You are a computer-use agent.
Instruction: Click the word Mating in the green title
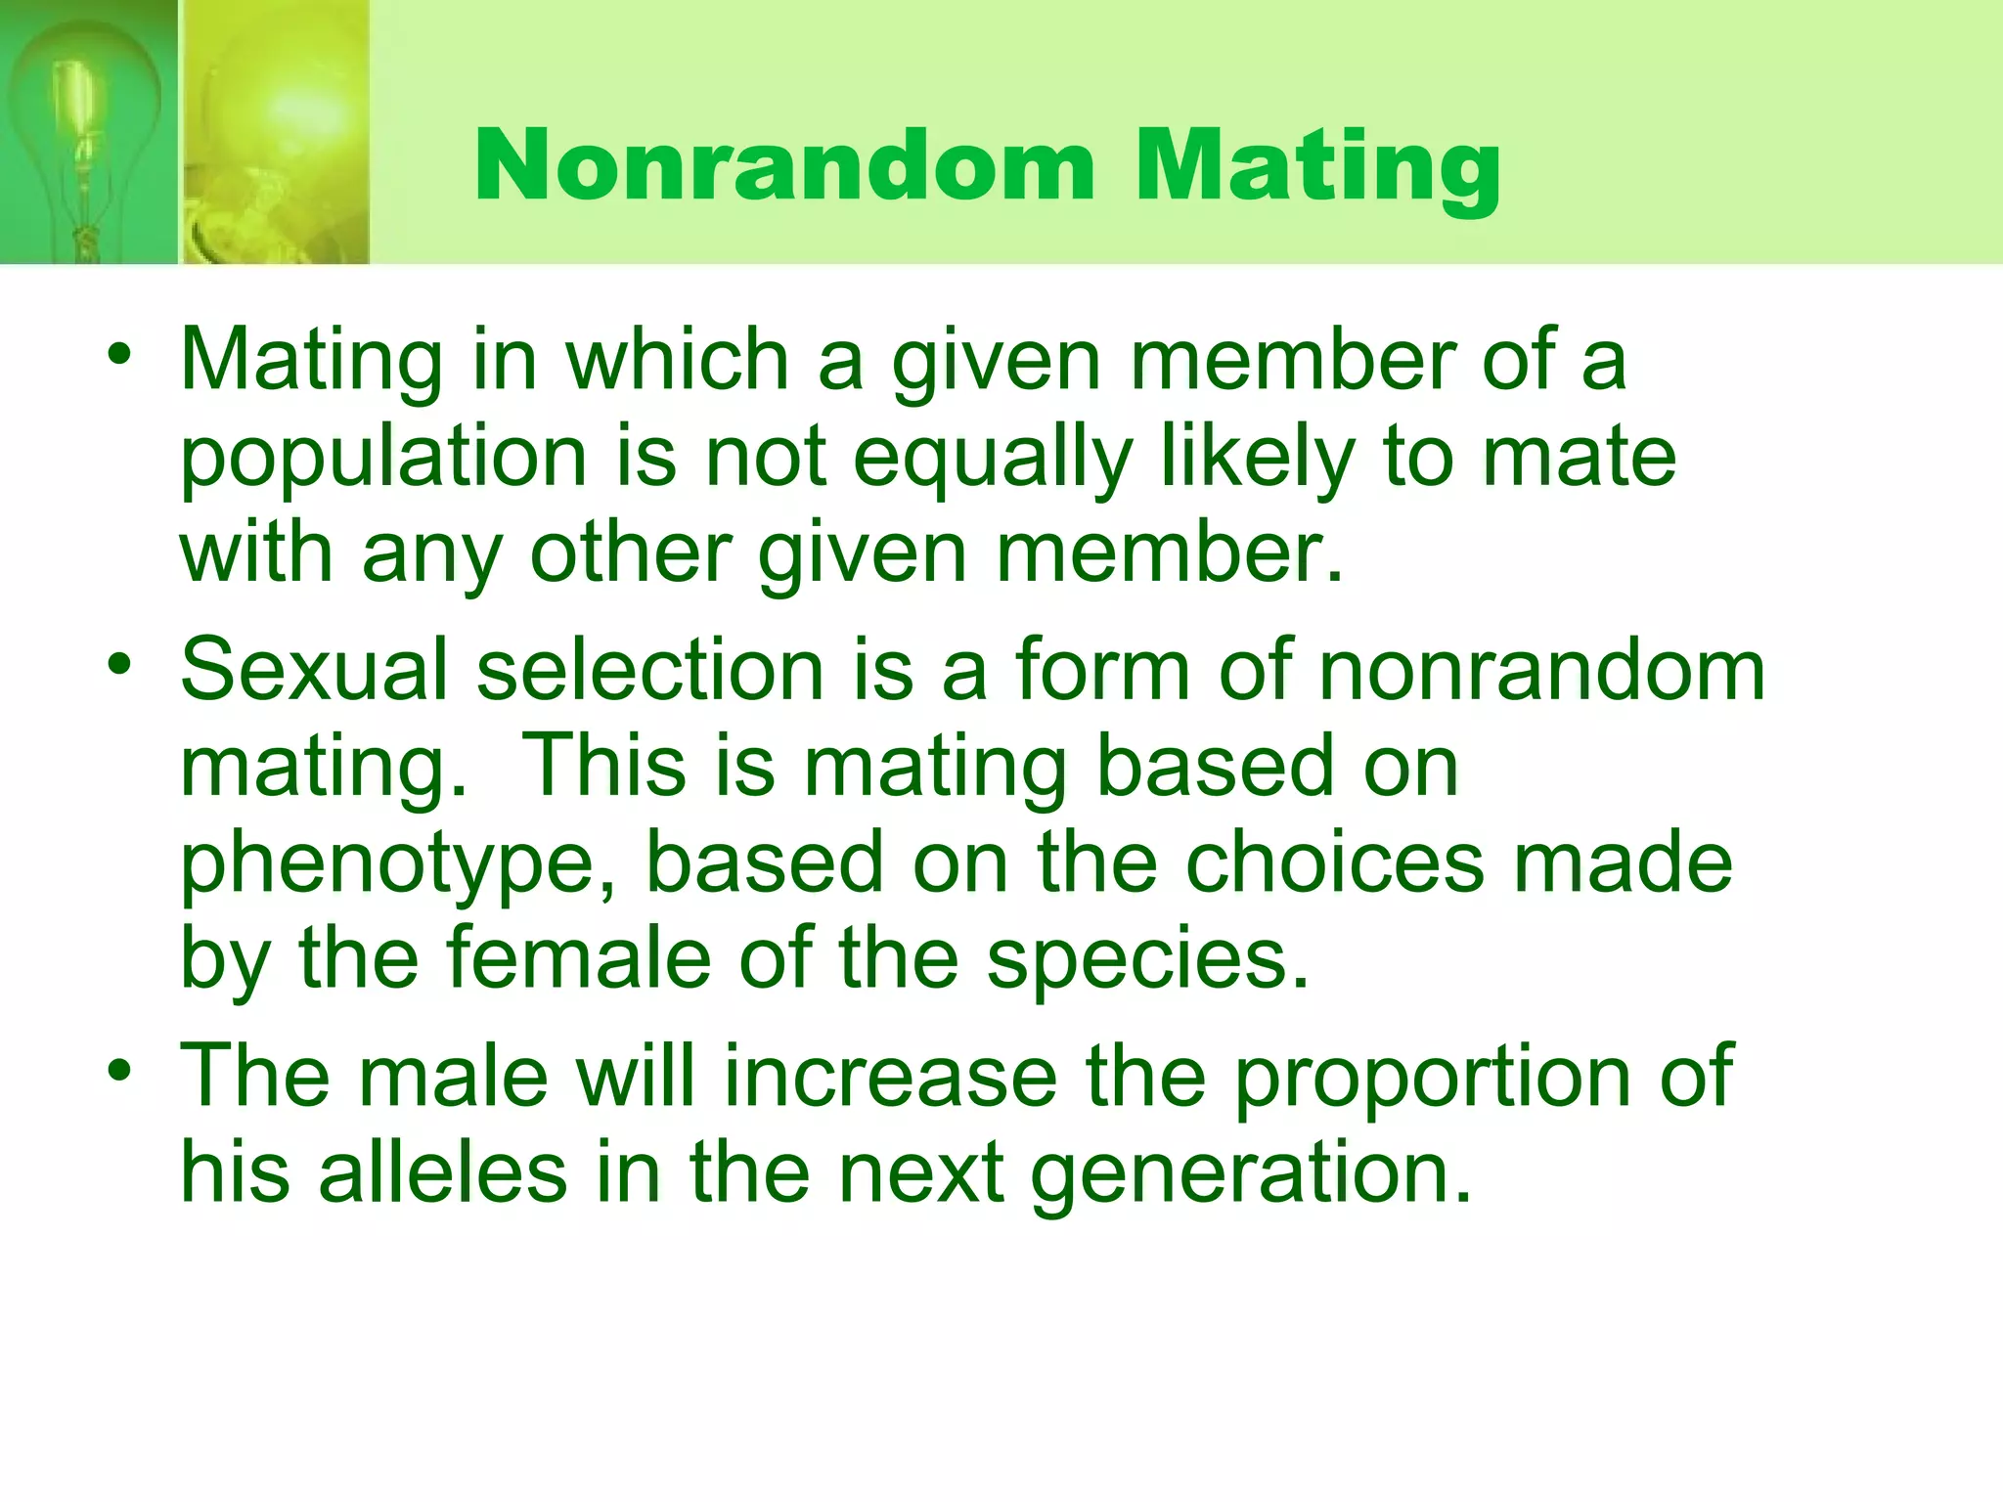click(x=1316, y=166)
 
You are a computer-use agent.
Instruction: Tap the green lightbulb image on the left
click(x=88, y=132)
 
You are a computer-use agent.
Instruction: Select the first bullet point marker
click(x=119, y=355)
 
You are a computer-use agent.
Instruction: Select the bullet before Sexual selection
click(x=119, y=666)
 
